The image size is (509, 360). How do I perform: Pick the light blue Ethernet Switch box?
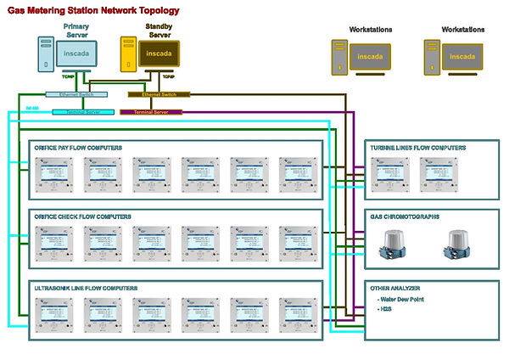(70, 95)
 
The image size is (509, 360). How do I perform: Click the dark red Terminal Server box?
(151, 111)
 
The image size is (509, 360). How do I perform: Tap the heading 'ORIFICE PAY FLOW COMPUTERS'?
(78, 148)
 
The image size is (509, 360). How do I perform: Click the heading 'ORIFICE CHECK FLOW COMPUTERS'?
(82, 217)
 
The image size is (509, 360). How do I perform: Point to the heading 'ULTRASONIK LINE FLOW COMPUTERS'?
(86, 289)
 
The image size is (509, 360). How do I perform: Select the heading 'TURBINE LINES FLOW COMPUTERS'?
(417, 148)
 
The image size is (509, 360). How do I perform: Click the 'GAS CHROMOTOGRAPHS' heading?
(405, 217)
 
